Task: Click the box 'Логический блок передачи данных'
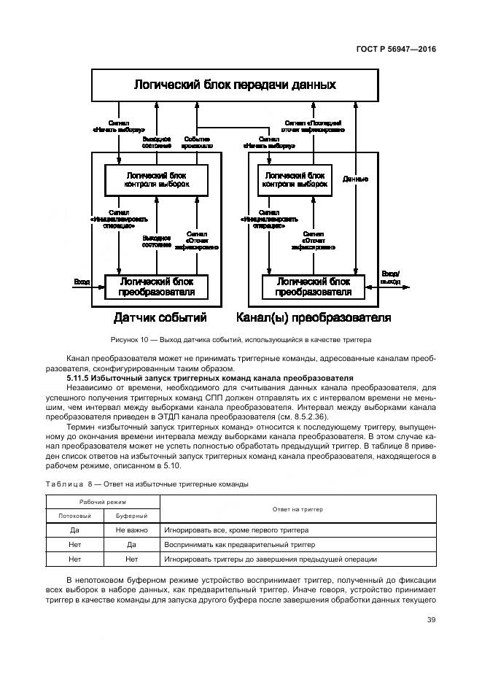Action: tap(234, 85)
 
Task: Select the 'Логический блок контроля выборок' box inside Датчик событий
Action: tap(157, 180)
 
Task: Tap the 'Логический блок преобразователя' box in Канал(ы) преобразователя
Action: tap(313, 287)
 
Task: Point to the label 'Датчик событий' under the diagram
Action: tap(160, 318)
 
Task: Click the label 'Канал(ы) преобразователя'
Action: tap(314, 318)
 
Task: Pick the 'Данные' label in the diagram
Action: tap(355, 179)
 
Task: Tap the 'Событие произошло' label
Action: tap(198, 142)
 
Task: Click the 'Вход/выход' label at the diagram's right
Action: tap(391, 277)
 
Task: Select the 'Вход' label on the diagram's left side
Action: tap(82, 281)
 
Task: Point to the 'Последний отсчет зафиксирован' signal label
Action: tap(314, 127)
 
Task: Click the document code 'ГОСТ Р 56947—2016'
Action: tap(396, 50)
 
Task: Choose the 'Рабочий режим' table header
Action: tap(102, 502)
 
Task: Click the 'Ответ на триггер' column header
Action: tap(298, 508)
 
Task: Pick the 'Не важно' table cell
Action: tap(131, 530)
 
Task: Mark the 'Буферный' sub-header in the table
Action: tap(131, 516)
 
